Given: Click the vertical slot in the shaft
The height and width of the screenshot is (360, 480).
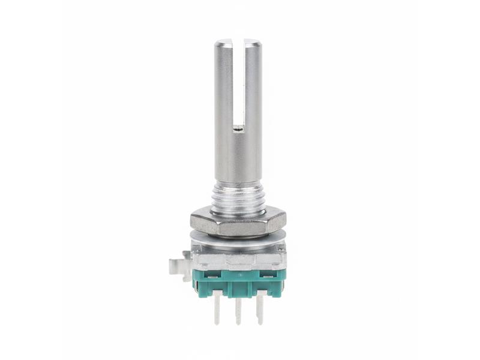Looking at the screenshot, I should tap(239, 84).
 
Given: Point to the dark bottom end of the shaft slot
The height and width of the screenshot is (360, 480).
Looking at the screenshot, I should tap(239, 127).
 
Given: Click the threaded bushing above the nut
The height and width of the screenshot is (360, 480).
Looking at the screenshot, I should tap(238, 198).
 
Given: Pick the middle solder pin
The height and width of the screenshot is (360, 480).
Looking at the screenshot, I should tap(238, 311).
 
